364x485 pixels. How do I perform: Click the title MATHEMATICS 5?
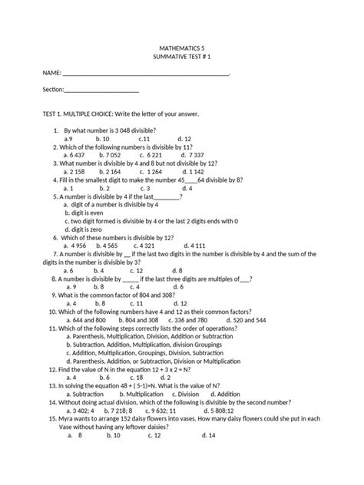(182, 48)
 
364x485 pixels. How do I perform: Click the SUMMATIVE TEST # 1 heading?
(182, 58)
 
